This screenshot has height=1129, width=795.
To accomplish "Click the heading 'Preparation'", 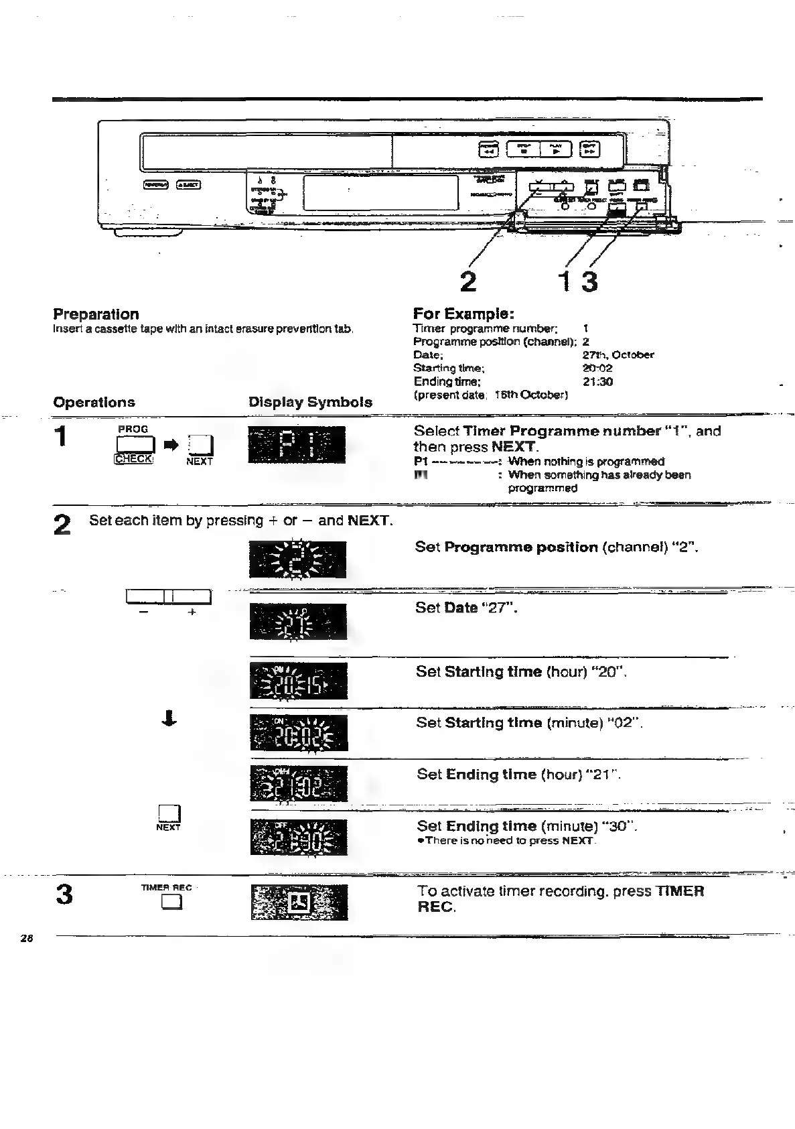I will click(x=96, y=314).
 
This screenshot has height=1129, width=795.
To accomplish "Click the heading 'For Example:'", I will click(x=463, y=314).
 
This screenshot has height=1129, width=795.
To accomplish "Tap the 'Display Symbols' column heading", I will click(x=310, y=402).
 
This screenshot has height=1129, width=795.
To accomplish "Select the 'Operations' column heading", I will click(x=94, y=402).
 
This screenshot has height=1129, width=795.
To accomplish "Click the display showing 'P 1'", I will click(x=297, y=445).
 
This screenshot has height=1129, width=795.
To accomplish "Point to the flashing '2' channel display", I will click(x=297, y=559).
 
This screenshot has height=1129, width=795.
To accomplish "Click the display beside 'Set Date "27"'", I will click(x=298, y=622).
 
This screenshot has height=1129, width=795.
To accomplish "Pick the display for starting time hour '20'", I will click(x=299, y=681).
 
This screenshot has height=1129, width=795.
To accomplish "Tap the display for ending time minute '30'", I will click(x=299, y=838).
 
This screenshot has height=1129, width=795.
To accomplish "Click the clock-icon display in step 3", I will click(x=299, y=903).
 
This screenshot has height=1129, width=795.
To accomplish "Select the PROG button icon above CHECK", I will click(x=135, y=444).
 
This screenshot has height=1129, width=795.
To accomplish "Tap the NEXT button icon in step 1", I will click(x=201, y=445).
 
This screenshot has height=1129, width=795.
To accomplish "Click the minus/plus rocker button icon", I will click(x=168, y=596).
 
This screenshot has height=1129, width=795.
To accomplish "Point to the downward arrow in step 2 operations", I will click(x=169, y=719).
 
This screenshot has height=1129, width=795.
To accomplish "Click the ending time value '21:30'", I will click(x=597, y=382).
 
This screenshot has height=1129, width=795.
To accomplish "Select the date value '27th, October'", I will click(x=618, y=355).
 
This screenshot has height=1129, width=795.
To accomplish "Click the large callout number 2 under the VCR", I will click(x=468, y=281).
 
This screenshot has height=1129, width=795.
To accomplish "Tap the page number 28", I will click(x=27, y=938).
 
